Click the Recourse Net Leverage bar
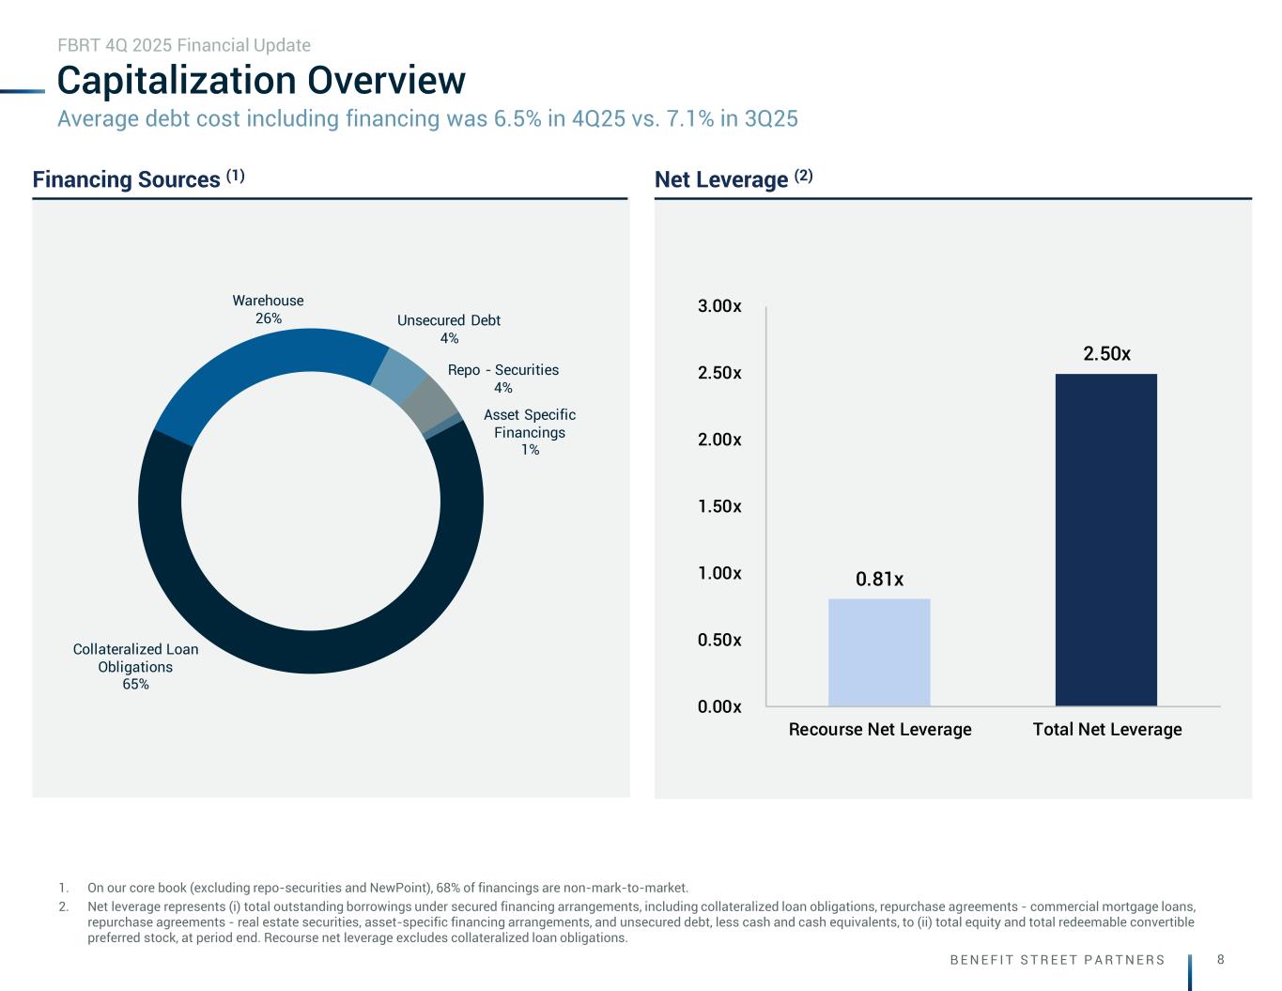(879, 652)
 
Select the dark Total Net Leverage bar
(1105, 539)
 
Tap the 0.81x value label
(879, 580)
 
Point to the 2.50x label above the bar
(1106, 354)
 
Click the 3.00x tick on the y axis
(719, 306)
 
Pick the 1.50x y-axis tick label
(719, 506)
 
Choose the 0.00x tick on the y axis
(719, 706)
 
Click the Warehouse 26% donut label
(269, 309)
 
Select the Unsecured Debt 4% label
(449, 329)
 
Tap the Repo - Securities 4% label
(503, 379)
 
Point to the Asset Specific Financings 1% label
(530, 432)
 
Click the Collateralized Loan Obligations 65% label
(136, 666)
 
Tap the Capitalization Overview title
(261, 81)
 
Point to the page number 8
(1220, 959)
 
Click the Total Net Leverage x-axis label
(1107, 729)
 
